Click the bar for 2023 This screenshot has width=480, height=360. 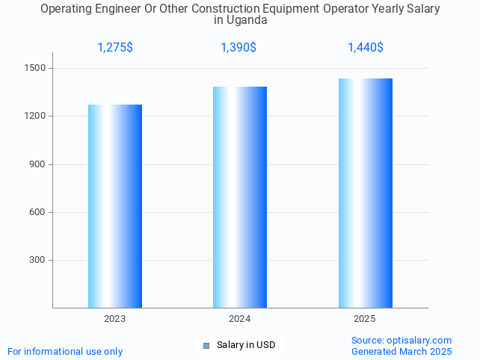click(x=115, y=206)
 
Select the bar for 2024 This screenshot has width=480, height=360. click(x=240, y=197)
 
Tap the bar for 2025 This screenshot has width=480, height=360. click(x=365, y=193)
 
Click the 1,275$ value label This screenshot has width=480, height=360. click(x=115, y=48)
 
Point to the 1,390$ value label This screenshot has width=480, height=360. click(x=239, y=48)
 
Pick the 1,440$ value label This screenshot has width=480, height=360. click(x=366, y=48)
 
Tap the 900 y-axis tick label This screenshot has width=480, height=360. click(x=38, y=164)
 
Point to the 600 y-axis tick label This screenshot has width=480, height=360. click(x=38, y=212)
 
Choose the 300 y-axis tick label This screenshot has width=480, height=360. click(x=38, y=260)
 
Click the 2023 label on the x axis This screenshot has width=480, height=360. click(x=115, y=319)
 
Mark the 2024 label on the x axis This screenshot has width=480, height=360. click(x=240, y=319)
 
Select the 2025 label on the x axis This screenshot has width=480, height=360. click(x=365, y=319)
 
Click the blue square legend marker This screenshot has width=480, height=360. click(x=206, y=345)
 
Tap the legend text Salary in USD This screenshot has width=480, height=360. click(x=246, y=345)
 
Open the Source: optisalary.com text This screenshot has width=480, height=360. click(x=401, y=341)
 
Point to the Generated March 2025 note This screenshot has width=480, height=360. click(x=401, y=351)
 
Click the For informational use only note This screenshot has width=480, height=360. click(x=65, y=351)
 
